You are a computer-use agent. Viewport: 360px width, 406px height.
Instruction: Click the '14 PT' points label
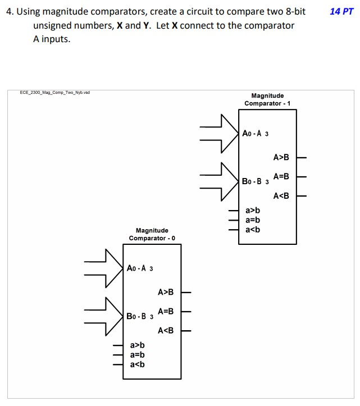pyautogui.click(x=342, y=11)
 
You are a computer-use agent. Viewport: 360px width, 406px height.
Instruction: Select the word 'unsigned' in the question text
pyautogui.click(x=53, y=26)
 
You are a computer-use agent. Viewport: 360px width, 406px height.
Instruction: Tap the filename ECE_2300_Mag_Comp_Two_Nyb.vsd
pyautogui.click(x=55, y=93)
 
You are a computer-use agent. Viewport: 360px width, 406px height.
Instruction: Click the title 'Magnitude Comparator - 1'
pyautogui.click(x=267, y=100)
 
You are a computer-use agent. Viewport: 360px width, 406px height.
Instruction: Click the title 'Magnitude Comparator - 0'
pyautogui.click(x=152, y=234)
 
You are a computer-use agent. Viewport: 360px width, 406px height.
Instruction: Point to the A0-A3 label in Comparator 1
pyautogui.click(x=256, y=134)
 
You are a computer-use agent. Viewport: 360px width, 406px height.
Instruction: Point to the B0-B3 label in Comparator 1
pyautogui.click(x=256, y=181)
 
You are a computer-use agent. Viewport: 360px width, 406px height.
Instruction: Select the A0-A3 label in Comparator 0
pyautogui.click(x=140, y=268)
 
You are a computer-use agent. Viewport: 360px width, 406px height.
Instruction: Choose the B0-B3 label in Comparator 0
pyautogui.click(x=140, y=316)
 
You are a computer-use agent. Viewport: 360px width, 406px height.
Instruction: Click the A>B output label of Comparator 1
pyautogui.click(x=281, y=157)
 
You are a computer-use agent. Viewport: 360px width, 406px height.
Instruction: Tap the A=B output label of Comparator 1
pyautogui.click(x=281, y=176)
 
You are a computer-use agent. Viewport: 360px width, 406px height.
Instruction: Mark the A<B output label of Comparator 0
pyautogui.click(x=166, y=330)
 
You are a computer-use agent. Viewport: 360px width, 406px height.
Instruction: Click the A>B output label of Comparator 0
pyautogui.click(x=166, y=292)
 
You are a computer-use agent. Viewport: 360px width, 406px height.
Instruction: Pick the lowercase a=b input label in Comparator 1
pyautogui.click(x=253, y=220)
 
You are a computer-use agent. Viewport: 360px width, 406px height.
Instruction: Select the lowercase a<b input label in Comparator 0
pyautogui.click(x=137, y=364)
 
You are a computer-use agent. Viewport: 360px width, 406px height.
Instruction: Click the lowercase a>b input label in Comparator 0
pyautogui.click(x=137, y=345)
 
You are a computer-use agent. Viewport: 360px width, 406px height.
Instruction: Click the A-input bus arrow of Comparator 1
pyautogui.click(x=222, y=134)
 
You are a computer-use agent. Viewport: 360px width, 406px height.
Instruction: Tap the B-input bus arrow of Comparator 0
pyautogui.click(x=106, y=316)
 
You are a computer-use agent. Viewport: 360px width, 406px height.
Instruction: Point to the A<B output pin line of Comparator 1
pyautogui.click(x=302, y=196)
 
